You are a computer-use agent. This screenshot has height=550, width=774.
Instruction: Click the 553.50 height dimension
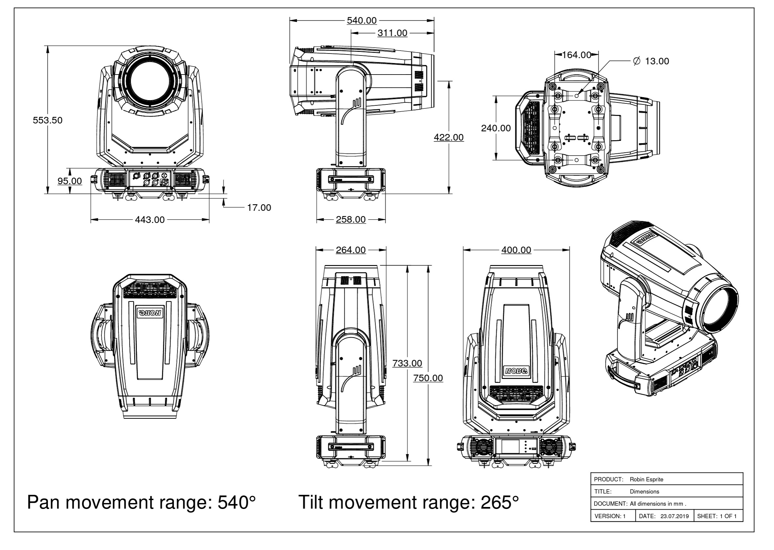tap(47, 120)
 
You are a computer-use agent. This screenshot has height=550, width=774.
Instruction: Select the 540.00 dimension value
tap(362, 21)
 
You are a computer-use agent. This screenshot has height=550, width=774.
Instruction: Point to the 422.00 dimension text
tap(449, 137)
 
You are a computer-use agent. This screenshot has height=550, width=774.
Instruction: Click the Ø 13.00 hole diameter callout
tap(651, 61)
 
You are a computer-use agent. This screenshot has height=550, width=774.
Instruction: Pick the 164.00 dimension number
tap(577, 55)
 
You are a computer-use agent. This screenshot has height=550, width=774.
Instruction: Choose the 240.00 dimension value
tap(496, 128)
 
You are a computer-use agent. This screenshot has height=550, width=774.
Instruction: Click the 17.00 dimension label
tap(259, 208)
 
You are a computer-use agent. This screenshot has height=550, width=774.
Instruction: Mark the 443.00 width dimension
tap(150, 220)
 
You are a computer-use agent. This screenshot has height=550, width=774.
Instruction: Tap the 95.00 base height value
tap(70, 181)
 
